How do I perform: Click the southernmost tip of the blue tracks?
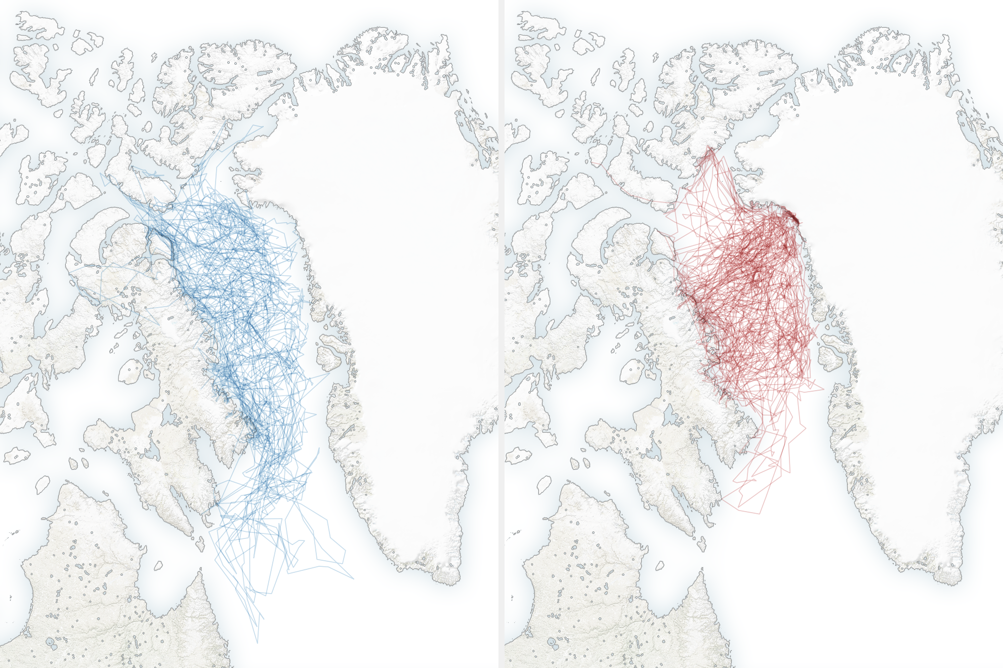point(257,643)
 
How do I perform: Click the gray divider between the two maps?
point(501,334)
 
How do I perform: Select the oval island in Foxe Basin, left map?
point(131,371)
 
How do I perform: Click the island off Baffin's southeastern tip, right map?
point(701,544)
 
